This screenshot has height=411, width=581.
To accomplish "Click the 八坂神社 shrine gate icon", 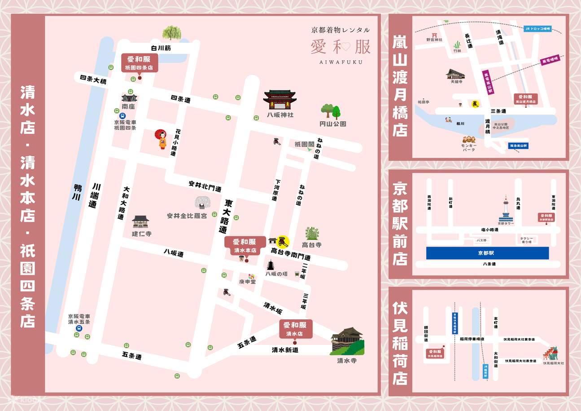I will click(280, 100).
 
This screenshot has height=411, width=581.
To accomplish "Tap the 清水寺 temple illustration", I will click(347, 341).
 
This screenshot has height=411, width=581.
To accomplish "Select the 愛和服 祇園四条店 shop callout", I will click(139, 62).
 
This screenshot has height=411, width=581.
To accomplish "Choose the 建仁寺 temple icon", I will click(140, 221).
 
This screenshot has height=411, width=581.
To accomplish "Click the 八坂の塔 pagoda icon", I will click(271, 265).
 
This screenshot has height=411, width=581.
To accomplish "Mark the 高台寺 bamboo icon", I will click(312, 234).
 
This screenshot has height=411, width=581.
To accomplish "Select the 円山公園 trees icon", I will click(331, 110).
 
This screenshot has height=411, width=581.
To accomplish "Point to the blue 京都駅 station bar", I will click(488, 253).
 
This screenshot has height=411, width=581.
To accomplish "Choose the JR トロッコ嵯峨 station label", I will click(537, 29).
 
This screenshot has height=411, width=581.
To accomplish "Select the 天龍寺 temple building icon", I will click(455, 75).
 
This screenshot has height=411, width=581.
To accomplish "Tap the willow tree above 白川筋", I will click(171, 33).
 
